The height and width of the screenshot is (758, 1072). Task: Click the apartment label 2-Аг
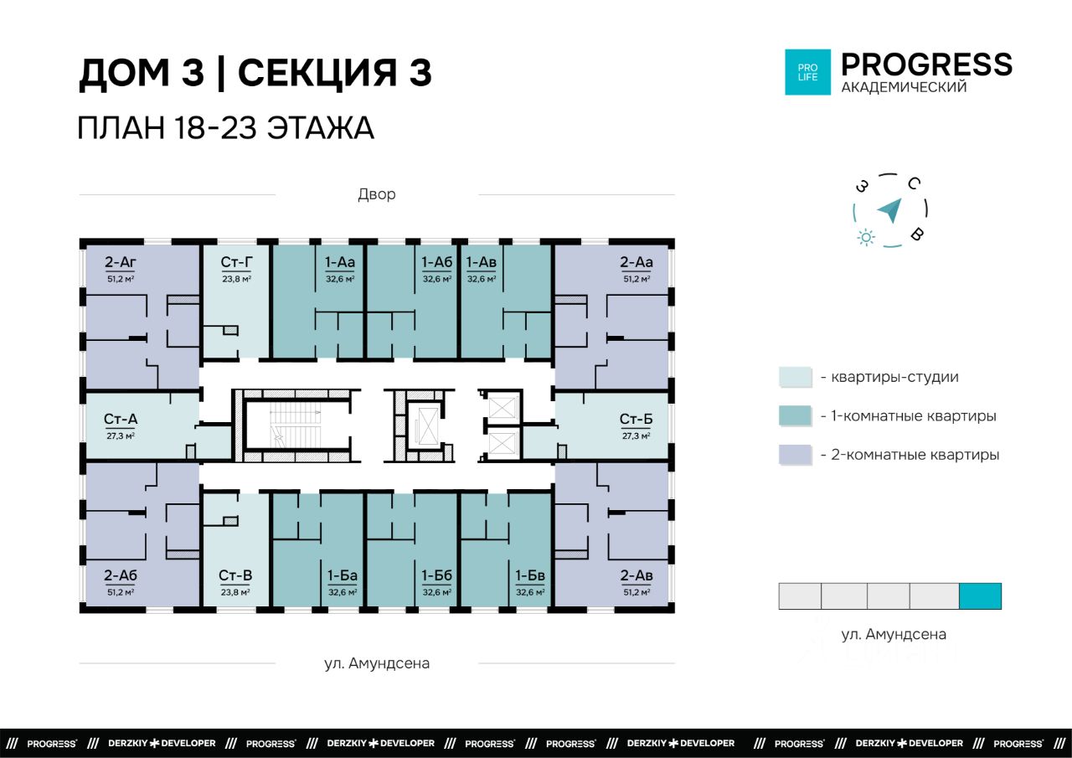pos(121,262)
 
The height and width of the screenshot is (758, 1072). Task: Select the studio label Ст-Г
pos(236,262)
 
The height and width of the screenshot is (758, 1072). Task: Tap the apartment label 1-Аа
pos(340,262)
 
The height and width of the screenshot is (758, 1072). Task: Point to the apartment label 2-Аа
pos(636,262)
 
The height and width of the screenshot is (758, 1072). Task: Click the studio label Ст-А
pos(121,419)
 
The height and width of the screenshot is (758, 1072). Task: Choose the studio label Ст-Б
pos(636,419)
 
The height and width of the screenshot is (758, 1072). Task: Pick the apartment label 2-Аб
pos(121,575)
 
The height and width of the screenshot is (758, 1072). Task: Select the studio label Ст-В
pos(235,575)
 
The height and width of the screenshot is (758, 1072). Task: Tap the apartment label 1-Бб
pos(436,575)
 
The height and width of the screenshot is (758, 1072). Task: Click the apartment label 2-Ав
pos(636,575)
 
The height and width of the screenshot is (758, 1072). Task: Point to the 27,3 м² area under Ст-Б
pos(636,436)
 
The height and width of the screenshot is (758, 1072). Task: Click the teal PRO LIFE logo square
pos(808,72)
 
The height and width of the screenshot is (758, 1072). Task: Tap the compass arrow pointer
pos(890,210)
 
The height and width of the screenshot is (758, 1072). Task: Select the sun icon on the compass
pos(866,237)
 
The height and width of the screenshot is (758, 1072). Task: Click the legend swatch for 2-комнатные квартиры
pos(796,455)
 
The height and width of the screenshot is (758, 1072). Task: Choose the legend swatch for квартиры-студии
pos(796,377)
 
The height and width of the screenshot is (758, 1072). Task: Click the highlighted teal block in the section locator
pos(980,596)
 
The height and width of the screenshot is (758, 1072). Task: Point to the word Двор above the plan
pos(377,194)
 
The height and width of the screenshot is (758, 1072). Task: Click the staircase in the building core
pos(296,425)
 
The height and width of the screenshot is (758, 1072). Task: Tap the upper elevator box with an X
pos(502,408)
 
